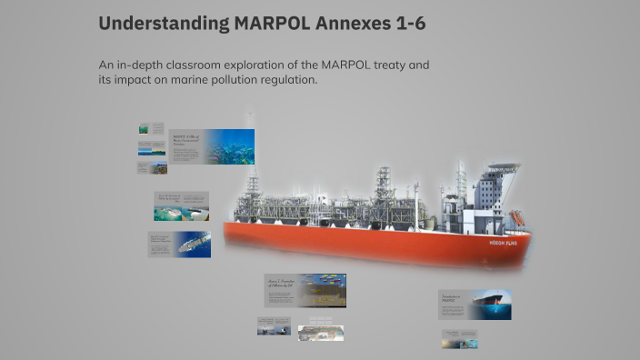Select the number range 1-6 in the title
click(405, 24)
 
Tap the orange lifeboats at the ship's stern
click(517, 218)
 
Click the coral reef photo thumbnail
click(229, 146)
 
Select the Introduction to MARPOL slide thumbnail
click(475, 305)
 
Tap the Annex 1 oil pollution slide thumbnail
click(305, 290)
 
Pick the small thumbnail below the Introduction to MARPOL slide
click(459, 338)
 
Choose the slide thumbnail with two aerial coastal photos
click(181, 206)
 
